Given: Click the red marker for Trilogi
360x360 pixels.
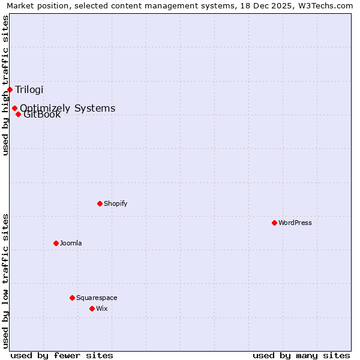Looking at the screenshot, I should pos(10,89).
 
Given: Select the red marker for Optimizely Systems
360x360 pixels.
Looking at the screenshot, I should pos(14,109).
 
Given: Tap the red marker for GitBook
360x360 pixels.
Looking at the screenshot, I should pos(18,114).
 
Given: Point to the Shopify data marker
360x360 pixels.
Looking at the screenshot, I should pos(100,203).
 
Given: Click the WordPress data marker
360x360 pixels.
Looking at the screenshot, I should pos(274,223).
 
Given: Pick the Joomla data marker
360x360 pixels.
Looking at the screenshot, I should pos(56,243).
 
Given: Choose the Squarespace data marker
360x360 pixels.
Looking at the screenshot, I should pos(72,298).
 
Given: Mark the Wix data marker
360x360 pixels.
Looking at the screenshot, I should pos(92,308).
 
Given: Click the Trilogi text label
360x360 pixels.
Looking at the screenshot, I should pos(29,90).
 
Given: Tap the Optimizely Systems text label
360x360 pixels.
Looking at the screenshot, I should pos(68,108).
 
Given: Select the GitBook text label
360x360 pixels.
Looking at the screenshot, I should pos(43,115).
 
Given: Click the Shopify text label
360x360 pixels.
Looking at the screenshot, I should pos(115,203).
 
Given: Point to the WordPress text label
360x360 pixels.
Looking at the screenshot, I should pos(295,223).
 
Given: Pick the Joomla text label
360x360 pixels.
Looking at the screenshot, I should pos(71,243).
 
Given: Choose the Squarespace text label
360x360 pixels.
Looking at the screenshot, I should pos(97,298).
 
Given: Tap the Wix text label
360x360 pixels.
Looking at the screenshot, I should pos(101,308).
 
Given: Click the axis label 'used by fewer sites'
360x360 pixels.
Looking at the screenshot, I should pos(62,355).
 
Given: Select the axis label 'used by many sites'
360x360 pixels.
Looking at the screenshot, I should pos(301,355).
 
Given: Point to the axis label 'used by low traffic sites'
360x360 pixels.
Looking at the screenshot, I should pos(6,281).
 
